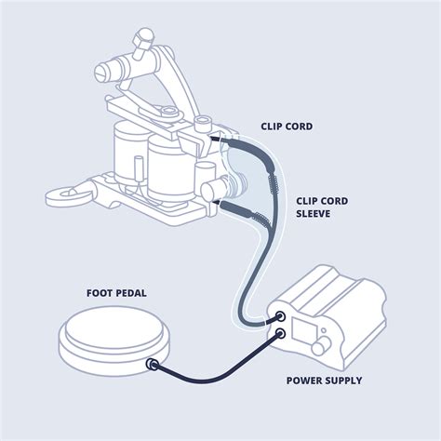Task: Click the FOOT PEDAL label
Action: click(116, 293)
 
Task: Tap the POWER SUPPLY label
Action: click(324, 381)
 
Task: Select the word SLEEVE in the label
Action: click(313, 214)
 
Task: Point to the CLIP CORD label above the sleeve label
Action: click(287, 127)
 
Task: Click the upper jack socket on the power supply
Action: click(280, 316)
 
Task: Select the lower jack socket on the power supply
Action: click(280, 334)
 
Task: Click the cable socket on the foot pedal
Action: click(152, 364)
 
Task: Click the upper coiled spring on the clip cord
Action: click(273, 182)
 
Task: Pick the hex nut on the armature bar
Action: click(168, 111)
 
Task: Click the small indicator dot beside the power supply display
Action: click(324, 330)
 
